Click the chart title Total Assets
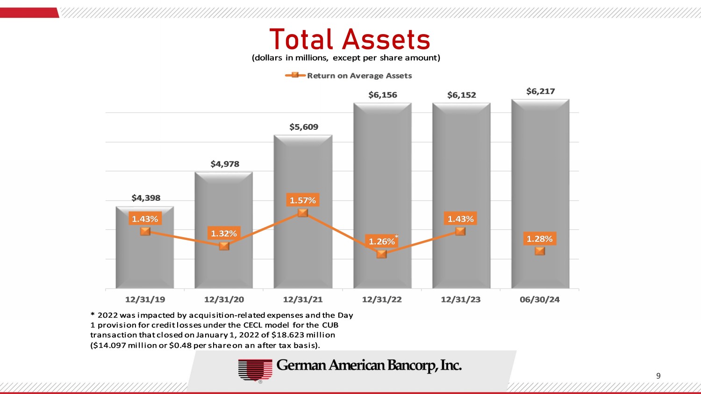coord(350,39)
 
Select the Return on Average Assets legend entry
coord(359,76)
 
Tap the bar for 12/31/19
coord(145,261)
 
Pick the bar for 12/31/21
coord(303,252)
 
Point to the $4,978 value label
coord(225,164)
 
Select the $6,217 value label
coord(540,91)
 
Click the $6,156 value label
coord(383,95)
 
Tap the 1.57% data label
coord(303,200)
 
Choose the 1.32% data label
coord(224,233)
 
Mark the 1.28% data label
coord(540,239)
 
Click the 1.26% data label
coord(382,241)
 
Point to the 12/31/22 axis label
coord(382,299)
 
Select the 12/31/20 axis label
coord(224,299)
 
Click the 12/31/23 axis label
coord(461,299)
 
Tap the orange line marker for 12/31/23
coord(460,231)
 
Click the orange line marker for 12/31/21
coord(303,213)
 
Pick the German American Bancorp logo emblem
coord(255,370)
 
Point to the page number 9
coord(658,376)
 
